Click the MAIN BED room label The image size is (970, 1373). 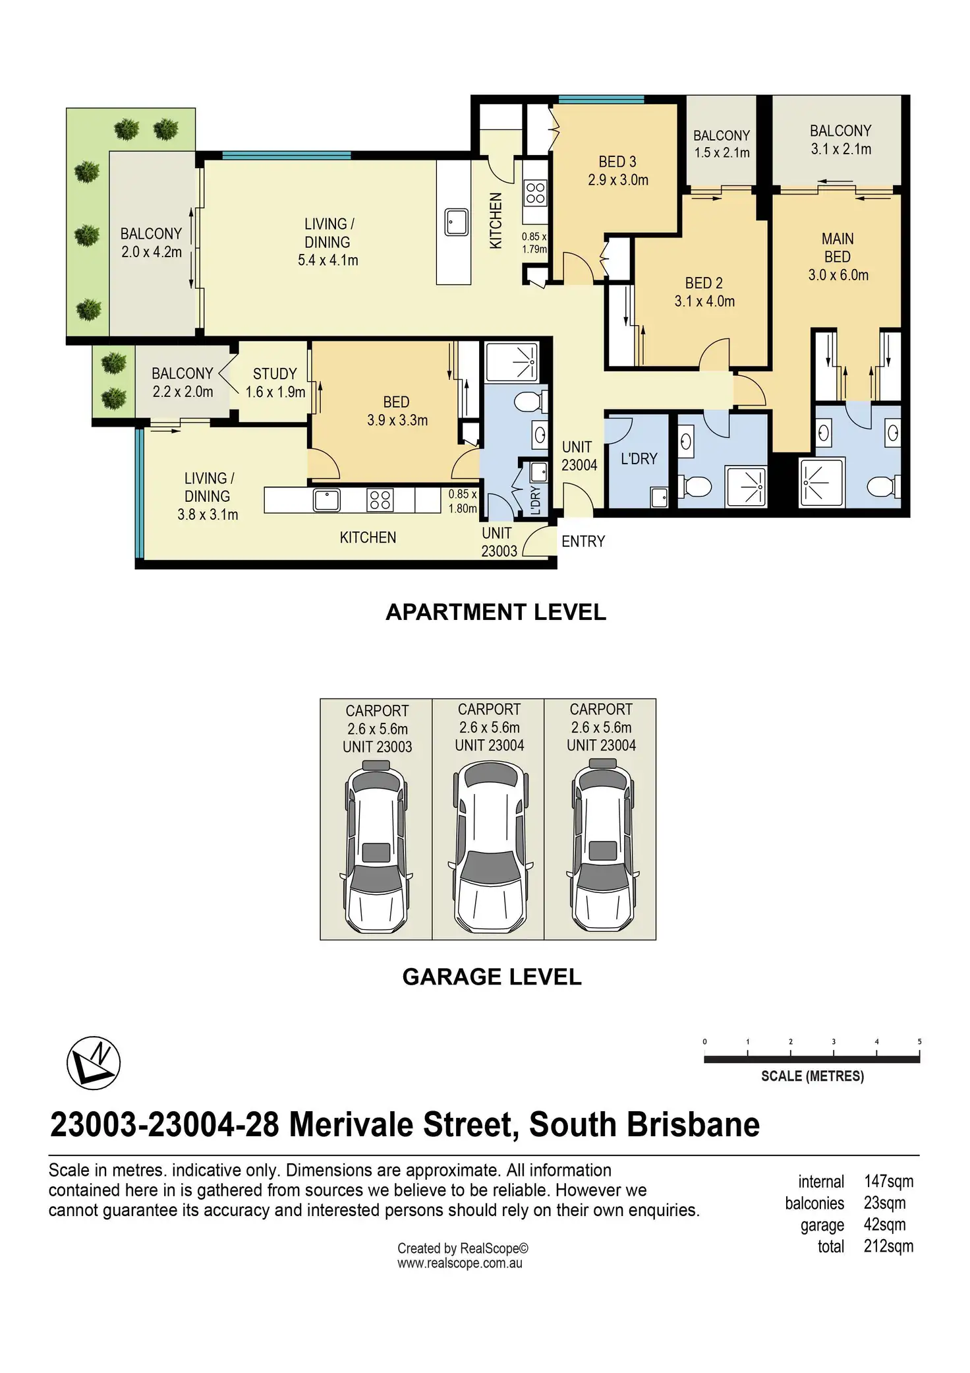(x=838, y=257)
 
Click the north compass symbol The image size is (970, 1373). (x=94, y=1062)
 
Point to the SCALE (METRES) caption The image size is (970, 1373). (x=813, y=1076)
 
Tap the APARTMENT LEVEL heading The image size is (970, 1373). (x=496, y=612)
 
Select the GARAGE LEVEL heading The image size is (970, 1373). (x=492, y=977)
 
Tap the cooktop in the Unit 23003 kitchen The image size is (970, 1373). (x=380, y=500)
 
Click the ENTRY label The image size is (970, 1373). (x=583, y=541)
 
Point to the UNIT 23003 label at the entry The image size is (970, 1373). (x=499, y=542)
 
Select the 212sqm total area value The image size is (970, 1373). (x=888, y=1246)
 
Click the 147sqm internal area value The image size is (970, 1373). (x=888, y=1181)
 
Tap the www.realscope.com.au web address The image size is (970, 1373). (x=460, y=1264)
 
